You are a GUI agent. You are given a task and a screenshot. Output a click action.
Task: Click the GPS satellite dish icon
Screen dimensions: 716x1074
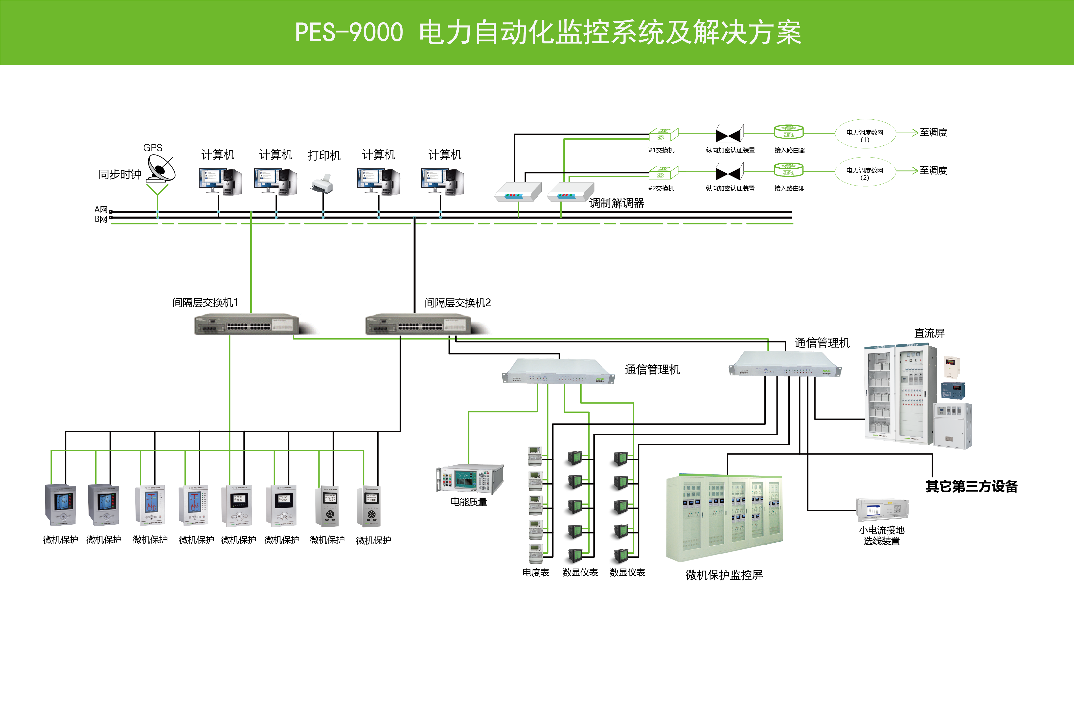point(161,168)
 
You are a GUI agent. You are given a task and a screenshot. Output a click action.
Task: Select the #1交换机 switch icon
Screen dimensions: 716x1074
point(663,134)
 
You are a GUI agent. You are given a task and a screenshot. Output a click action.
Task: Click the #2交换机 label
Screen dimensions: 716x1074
point(661,188)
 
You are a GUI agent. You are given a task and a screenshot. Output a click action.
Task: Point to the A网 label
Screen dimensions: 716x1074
point(101,210)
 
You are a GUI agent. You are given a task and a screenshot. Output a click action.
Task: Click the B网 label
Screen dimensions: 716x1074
point(101,219)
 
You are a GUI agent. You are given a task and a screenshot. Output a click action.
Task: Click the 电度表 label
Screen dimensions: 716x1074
point(536,572)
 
